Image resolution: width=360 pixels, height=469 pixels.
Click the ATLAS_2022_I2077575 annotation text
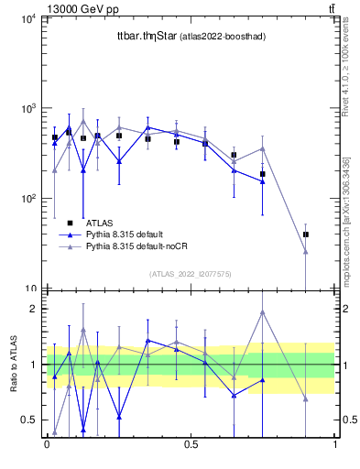[x=190, y=273]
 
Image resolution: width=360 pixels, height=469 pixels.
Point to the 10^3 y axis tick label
[x=27, y=108]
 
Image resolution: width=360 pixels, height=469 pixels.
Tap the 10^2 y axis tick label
[x=27, y=198]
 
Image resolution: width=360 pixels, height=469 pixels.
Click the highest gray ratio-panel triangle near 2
[x=263, y=312]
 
